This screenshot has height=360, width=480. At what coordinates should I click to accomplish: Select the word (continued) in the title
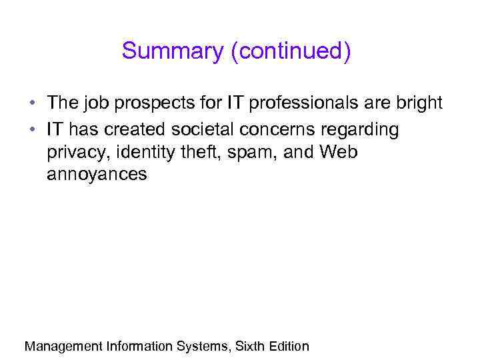pos(290,51)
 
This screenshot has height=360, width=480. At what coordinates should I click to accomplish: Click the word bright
pos(418,104)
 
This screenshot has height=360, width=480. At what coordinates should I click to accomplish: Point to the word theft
pos(205,153)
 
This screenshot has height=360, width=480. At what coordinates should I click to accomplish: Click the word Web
pos(339,152)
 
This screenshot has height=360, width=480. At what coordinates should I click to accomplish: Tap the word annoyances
pos(97,175)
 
